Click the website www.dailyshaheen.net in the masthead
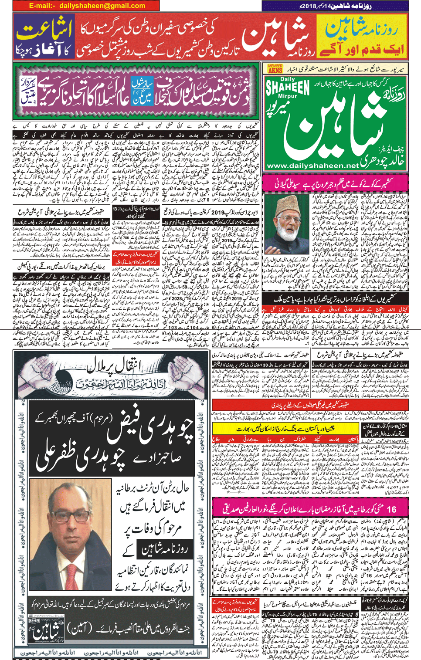[312, 166]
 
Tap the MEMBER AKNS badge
[275, 68]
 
